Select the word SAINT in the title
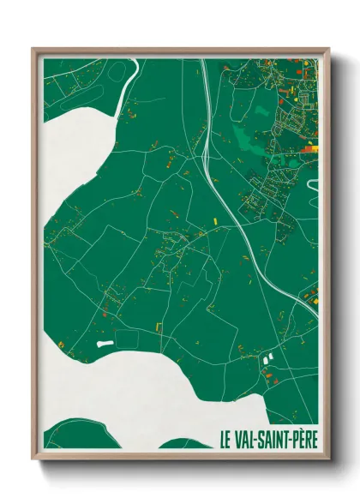tap(277, 437)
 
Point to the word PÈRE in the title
tap(306, 437)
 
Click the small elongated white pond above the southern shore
tap(105, 343)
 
